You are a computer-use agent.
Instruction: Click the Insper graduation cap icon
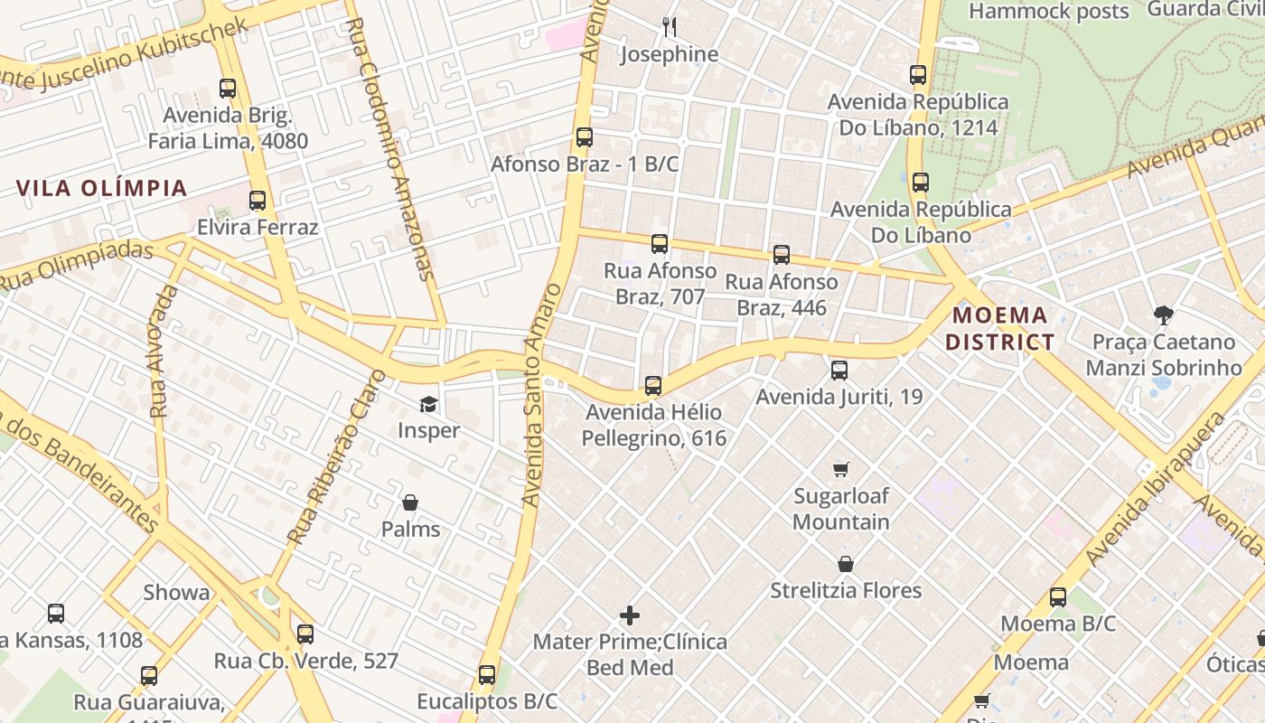[427, 404]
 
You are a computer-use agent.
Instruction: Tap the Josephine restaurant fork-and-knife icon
[670, 27]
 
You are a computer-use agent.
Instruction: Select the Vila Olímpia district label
[102, 188]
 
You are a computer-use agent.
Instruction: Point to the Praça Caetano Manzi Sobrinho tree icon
[1163, 315]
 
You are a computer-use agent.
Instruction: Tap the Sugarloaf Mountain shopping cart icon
[841, 469]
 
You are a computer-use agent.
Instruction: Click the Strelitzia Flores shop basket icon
[846, 564]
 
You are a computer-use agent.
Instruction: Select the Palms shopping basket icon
[410, 502]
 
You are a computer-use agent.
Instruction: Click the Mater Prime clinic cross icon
[630, 615]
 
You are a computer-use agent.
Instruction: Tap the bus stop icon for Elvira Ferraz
[258, 201]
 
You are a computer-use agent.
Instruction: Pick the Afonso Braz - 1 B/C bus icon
[585, 137]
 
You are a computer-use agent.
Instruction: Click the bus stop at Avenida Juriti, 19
[839, 370]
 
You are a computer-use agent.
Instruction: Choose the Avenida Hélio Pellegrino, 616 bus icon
[653, 386]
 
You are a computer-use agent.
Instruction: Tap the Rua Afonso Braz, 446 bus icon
[782, 255]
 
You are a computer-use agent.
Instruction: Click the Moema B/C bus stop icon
[1058, 597]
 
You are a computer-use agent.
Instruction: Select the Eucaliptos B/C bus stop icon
[487, 674]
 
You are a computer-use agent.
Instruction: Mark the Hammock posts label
[1049, 12]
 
